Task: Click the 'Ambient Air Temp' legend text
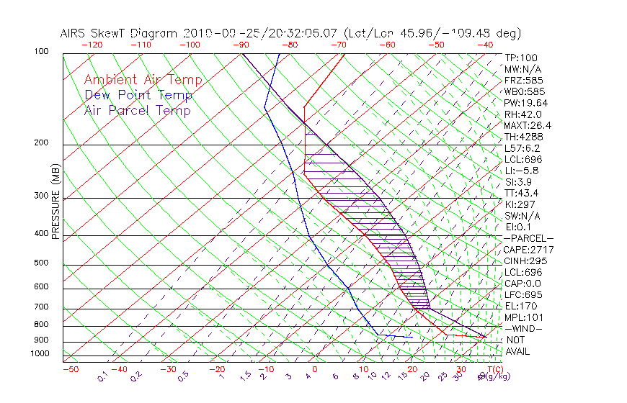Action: pyautogui.click(x=143, y=80)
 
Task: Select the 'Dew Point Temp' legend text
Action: pyautogui.click(x=138, y=95)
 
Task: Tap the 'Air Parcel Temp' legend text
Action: pyautogui.click(x=138, y=110)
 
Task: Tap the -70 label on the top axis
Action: pyautogui.click(x=338, y=45)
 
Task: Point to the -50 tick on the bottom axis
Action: pyautogui.click(x=70, y=369)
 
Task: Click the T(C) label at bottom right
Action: pyautogui.click(x=496, y=369)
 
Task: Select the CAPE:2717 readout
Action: pyautogui.click(x=528, y=250)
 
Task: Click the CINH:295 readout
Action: pyautogui.click(x=526, y=261)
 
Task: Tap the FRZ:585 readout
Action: pyautogui.click(x=523, y=80)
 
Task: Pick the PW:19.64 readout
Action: pyautogui.click(x=526, y=103)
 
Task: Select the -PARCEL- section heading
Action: pyautogui.click(x=528, y=238)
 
